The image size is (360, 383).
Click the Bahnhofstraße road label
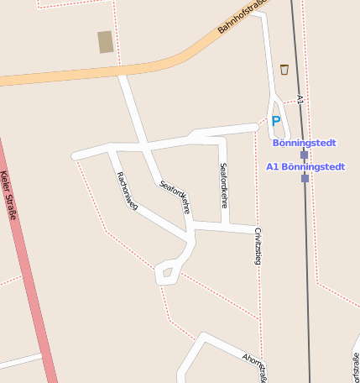click(242, 15)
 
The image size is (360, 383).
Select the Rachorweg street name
click(128, 191)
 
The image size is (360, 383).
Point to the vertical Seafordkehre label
click(223, 185)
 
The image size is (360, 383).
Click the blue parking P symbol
click(275, 121)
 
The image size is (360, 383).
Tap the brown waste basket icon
click(284, 69)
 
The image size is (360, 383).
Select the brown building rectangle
click(105, 42)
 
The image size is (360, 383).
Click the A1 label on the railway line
click(300, 100)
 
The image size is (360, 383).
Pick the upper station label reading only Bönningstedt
click(304, 143)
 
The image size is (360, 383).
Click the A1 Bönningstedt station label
click(305, 166)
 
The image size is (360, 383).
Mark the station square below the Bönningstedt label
click(304, 155)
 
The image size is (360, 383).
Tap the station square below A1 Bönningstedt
click(305, 178)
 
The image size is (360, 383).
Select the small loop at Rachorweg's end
click(166, 271)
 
